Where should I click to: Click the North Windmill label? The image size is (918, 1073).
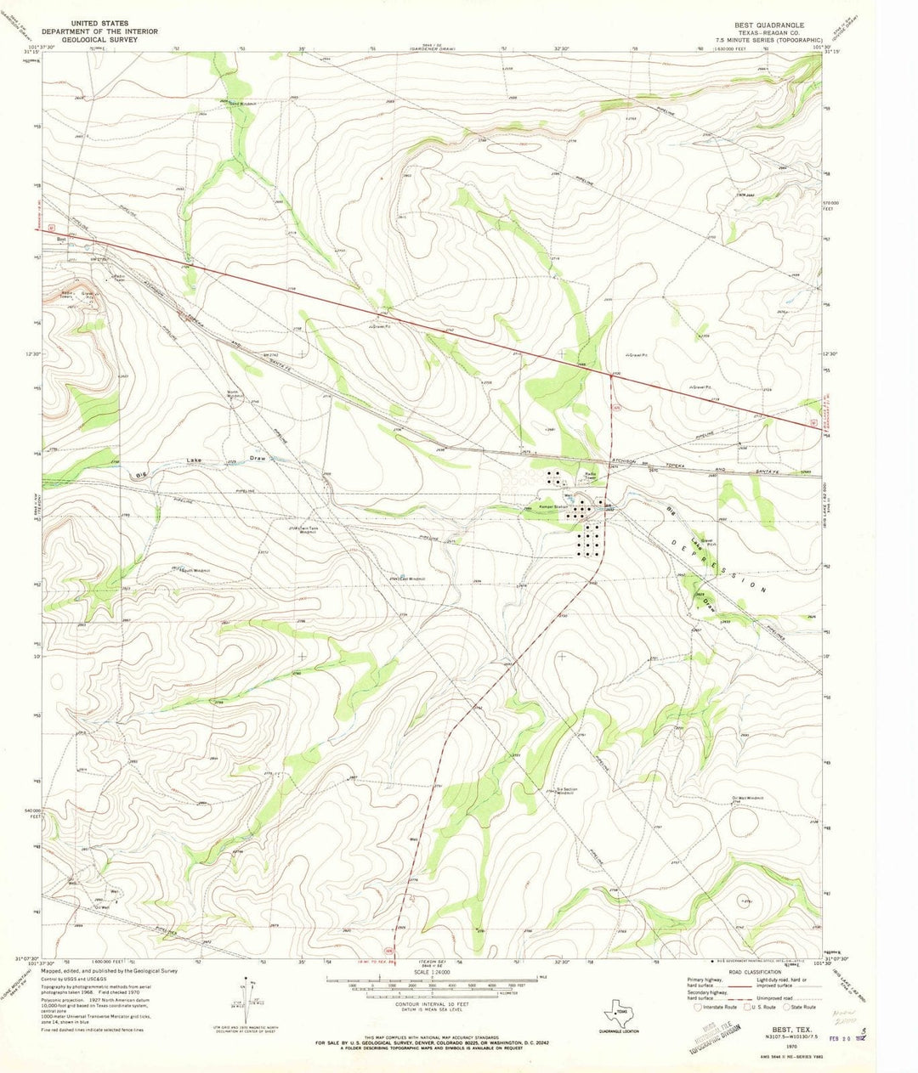[x=236, y=394]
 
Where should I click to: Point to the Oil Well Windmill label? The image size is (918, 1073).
[x=752, y=799]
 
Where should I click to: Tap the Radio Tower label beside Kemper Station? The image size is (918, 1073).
[x=591, y=476]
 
